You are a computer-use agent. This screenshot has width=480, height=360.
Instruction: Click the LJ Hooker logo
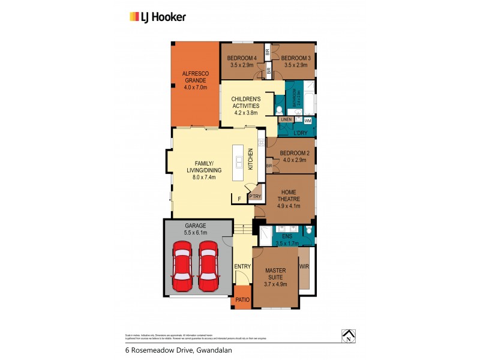[x=158, y=17]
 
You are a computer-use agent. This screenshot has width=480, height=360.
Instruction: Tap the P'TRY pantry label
[x=254, y=196]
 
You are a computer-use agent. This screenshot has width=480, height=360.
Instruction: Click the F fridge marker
[x=238, y=197]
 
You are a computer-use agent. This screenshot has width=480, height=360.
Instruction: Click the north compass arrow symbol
[x=347, y=336]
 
